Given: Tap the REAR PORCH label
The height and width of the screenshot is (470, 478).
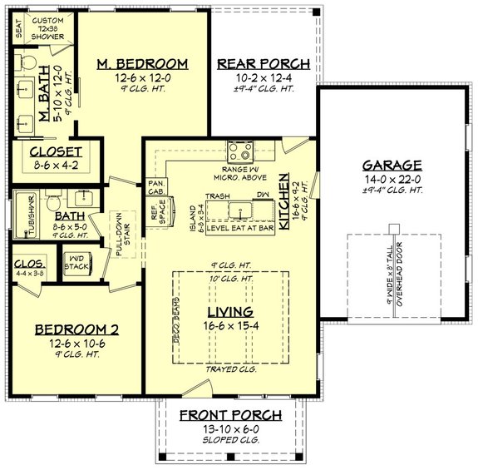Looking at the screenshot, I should click(263, 64).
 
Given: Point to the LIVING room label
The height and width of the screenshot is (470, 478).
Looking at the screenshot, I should click(229, 310).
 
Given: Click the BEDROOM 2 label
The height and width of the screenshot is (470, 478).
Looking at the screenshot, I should click(76, 330).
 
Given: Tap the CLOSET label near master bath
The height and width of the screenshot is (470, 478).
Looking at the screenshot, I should click(56, 151).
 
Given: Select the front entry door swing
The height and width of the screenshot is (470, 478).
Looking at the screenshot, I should click(197, 388).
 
